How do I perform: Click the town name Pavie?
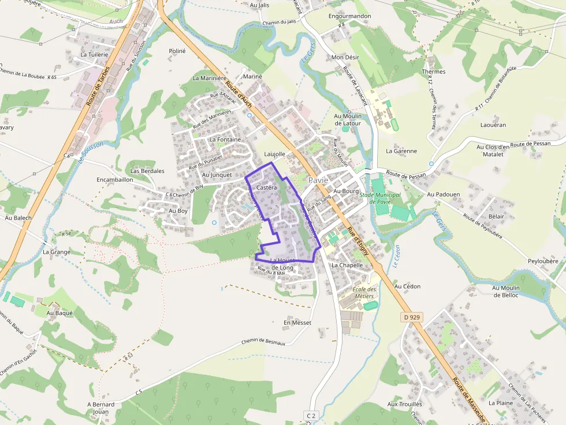pos(318,180)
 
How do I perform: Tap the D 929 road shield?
pos(411,317)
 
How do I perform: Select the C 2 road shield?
pos(311,416)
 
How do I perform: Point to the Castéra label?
pos(266,188)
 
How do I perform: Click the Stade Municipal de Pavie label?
pos(379,198)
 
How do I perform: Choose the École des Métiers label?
pos(364,293)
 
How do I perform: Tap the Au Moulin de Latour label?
pos(347,119)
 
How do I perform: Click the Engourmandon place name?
pos(349,16)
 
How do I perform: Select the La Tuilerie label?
pos(94,54)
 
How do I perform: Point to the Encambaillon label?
pos(115,179)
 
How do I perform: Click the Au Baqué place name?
pos(60,313)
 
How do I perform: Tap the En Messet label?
pos(297,322)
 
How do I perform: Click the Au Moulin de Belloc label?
pos(506,291)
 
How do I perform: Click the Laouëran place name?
pos(493,125)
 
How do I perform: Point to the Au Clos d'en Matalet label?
pos(493,151)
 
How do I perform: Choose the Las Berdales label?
pos(147,171)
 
